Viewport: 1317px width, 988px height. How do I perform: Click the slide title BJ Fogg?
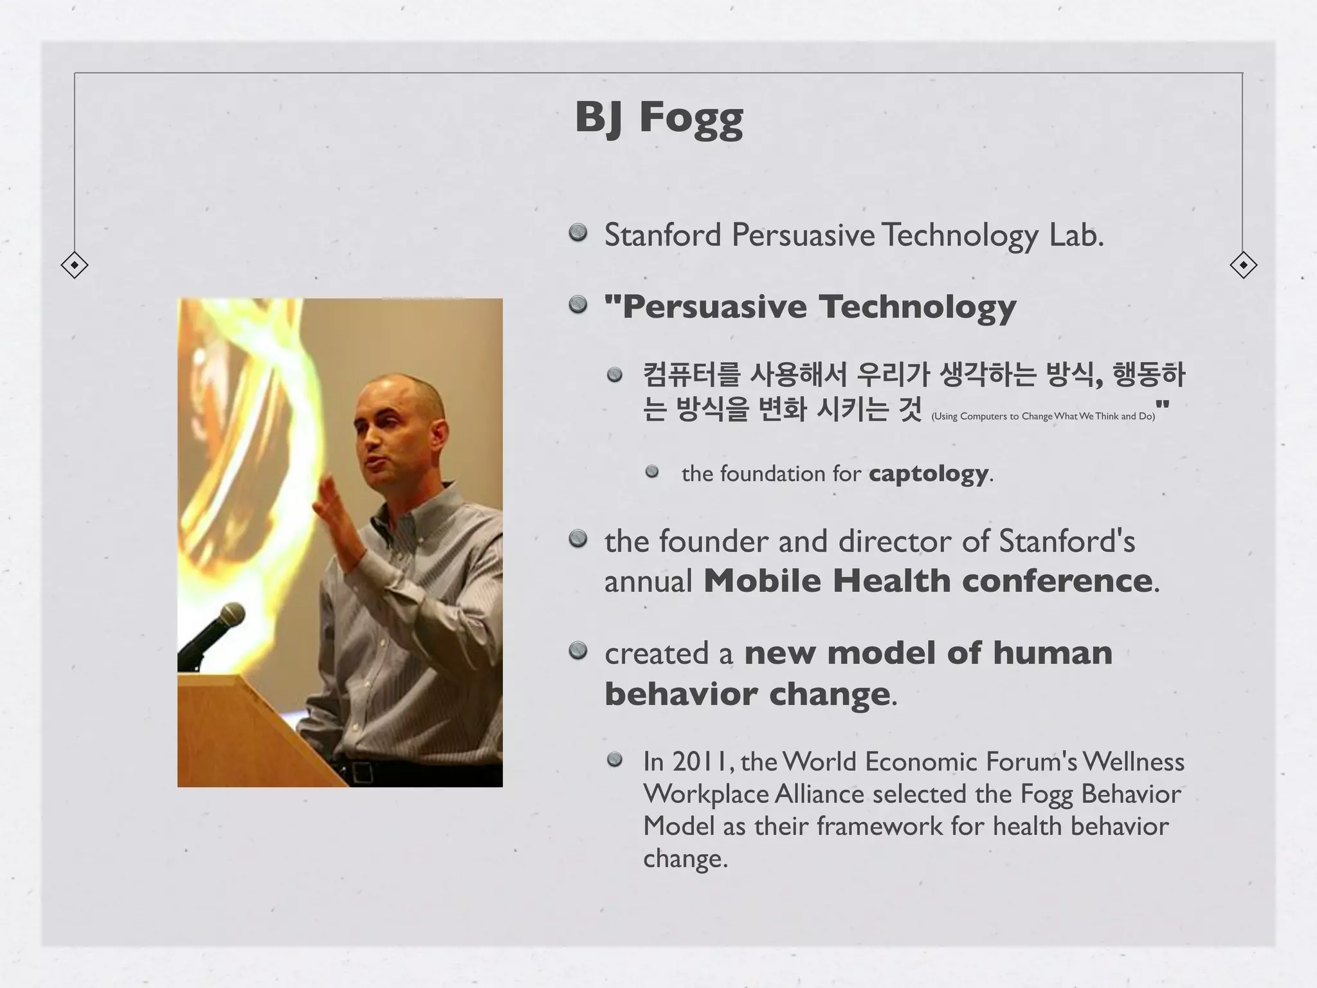pos(658,118)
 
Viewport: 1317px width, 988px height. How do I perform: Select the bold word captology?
pos(928,473)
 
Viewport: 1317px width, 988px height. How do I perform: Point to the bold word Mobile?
pos(761,581)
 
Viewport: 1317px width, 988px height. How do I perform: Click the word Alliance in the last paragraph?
pos(819,794)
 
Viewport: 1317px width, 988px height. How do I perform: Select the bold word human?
pos(1052,653)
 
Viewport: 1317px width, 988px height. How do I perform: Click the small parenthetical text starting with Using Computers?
pos(1042,416)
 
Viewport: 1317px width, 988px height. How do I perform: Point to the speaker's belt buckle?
pos(360,771)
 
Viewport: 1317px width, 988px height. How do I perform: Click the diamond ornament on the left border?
pos(75,265)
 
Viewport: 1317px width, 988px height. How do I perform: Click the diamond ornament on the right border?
pos(1243,265)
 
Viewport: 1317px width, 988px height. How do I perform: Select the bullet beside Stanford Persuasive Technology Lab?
pos(578,232)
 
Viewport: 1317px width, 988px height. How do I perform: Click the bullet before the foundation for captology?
pos(652,471)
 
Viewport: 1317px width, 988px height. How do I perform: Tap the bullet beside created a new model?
pos(578,651)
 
